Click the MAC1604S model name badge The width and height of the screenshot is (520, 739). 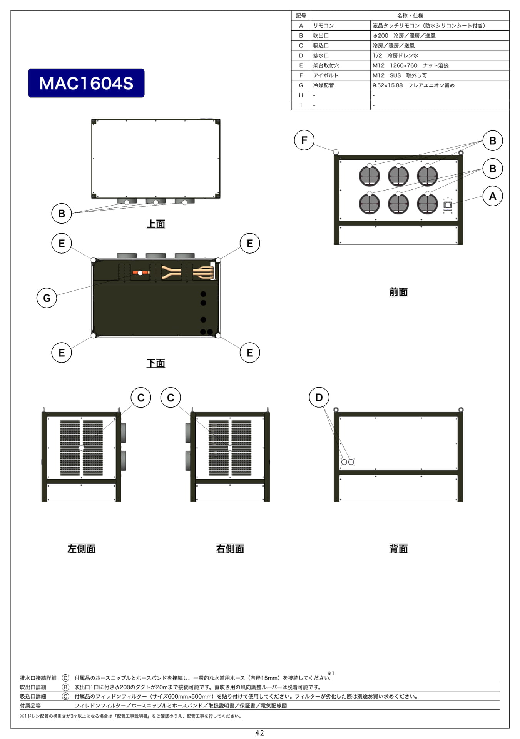(86, 83)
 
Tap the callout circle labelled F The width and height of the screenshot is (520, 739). (304, 140)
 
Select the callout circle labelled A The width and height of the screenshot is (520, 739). (493, 196)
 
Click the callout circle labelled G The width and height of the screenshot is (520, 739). (47, 298)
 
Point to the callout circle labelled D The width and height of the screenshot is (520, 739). (319, 397)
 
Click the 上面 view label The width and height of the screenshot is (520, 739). (156, 224)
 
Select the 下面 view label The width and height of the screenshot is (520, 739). (156, 363)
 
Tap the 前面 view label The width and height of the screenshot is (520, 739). (398, 292)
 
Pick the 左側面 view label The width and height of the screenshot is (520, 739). (81, 549)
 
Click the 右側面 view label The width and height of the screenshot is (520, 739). (230, 549)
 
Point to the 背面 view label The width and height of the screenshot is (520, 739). (398, 549)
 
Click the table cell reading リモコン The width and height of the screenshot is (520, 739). (323, 26)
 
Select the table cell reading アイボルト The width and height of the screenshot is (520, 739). (326, 75)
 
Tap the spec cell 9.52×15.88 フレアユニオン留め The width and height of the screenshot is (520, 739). (413, 85)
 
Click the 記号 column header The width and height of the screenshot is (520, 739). (301, 16)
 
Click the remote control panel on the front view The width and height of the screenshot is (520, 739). (448, 205)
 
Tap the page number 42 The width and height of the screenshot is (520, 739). (260, 733)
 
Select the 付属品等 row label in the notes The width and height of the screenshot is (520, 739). (30, 706)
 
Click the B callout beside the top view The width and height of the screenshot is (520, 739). (62, 214)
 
